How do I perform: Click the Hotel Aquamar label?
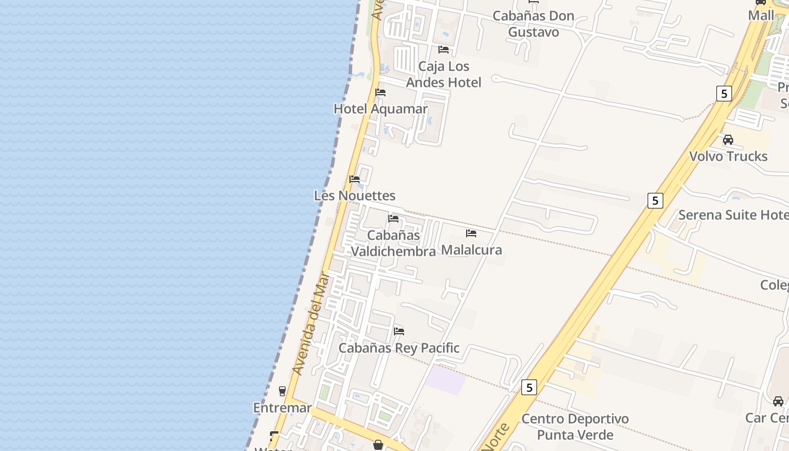coord(380,109)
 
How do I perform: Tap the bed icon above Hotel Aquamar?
coord(380,92)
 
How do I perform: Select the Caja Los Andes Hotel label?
coord(444,74)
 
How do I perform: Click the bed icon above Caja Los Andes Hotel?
coord(444,50)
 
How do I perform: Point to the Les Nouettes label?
coord(354,196)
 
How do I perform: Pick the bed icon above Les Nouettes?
coord(354,179)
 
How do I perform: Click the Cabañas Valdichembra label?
coord(394,243)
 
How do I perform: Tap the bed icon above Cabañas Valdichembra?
coord(393,219)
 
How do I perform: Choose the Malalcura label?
coord(471,250)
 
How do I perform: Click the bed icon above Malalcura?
coord(471,233)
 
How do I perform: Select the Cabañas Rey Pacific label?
coord(399,348)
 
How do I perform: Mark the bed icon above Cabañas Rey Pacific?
coord(399,331)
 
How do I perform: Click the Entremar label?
coord(282,408)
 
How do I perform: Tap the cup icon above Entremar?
coord(282,391)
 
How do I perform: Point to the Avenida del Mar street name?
coord(310,324)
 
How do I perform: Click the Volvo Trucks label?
coord(728,156)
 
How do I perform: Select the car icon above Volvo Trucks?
coord(728,140)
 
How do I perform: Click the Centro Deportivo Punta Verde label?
coord(575,427)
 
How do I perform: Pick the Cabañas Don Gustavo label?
coord(533,24)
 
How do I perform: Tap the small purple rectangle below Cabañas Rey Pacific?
coord(445,379)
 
